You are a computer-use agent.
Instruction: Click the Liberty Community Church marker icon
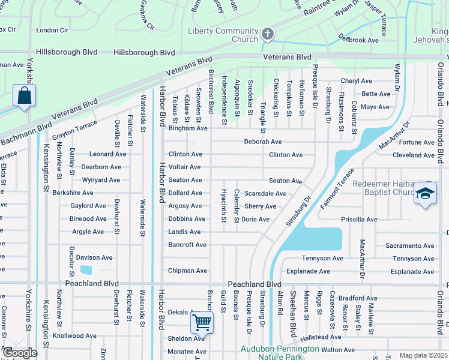coord(268,34)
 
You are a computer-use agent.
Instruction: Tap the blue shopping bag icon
coord(24,96)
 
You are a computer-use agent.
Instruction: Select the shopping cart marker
coord(202,322)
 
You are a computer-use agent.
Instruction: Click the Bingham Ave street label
coord(188,128)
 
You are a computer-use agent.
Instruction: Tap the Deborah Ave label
coord(262,142)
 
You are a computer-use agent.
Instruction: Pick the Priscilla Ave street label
coord(358,220)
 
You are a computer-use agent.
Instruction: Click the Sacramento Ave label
coord(410,246)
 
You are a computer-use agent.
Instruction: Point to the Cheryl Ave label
coord(357,81)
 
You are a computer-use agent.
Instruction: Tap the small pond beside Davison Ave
coord(86,270)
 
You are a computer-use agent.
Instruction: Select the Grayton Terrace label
coord(74,127)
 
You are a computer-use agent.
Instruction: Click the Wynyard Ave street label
coord(101,180)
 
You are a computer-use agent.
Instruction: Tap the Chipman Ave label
coord(187,271)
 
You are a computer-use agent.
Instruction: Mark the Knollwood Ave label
coord(74,336)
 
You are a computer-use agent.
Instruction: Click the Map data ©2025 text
coord(423,355)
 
